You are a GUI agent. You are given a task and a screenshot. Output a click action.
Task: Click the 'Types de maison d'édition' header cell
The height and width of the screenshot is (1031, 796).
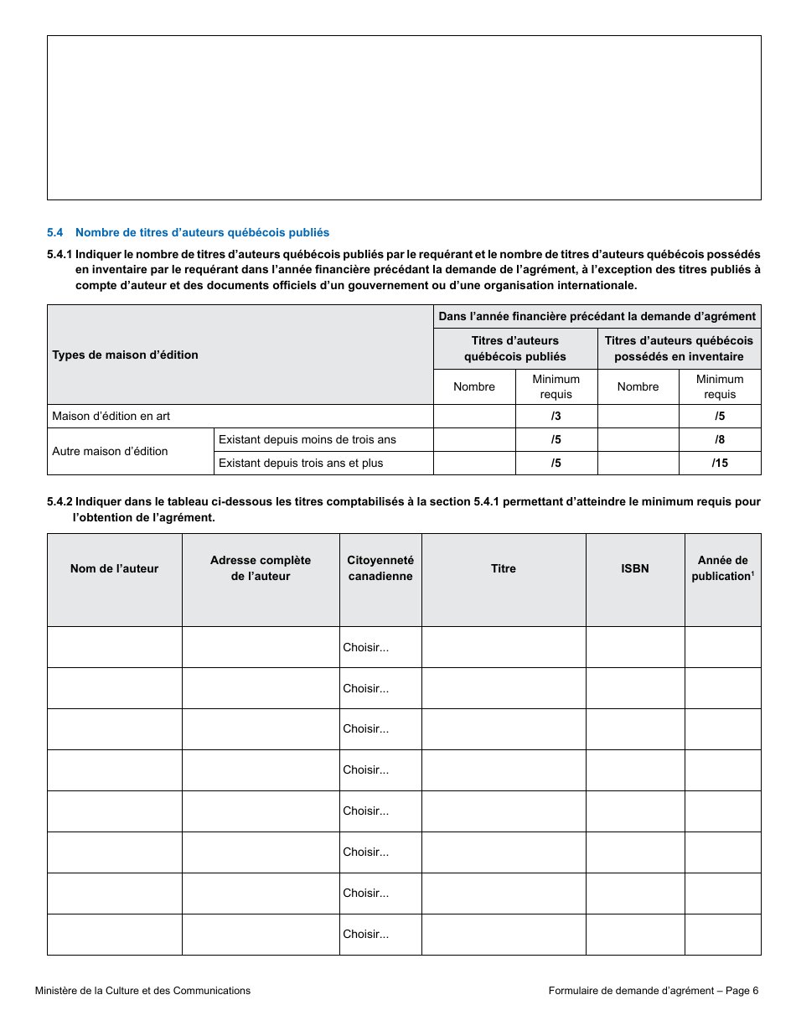(x=125, y=355)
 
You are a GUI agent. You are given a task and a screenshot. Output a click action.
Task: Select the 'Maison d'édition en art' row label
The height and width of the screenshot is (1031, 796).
(x=111, y=416)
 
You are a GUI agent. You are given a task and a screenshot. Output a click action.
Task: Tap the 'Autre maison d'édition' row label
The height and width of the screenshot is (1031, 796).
(x=110, y=451)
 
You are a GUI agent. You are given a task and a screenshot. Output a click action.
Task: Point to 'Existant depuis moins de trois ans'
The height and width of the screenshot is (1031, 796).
(x=307, y=439)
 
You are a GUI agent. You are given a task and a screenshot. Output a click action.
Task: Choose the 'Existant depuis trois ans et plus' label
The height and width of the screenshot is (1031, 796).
(x=301, y=463)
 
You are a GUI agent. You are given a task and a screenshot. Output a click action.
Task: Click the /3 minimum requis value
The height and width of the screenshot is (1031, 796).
(x=556, y=416)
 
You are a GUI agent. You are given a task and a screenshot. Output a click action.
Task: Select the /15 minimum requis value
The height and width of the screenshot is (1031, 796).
(x=720, y=463)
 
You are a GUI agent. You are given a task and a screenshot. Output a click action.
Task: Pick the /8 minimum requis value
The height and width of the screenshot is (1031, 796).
(x=720, y=439)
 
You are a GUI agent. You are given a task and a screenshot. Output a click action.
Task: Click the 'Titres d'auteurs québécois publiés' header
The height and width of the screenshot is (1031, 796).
(x=514, y=348)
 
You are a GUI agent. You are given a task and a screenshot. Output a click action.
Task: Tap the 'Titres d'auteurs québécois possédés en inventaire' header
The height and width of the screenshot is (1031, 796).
(x=679, y=348)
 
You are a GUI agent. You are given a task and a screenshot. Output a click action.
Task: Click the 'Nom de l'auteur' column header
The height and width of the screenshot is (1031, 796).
(x=114, y=568)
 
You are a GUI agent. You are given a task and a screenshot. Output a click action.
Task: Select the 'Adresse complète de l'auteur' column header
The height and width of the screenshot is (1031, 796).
(x=261, y=567)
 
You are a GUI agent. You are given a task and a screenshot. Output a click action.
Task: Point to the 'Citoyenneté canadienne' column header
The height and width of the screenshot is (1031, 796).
(x=380, y=567)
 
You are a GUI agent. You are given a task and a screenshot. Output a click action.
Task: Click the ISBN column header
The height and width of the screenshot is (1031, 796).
(x=635, y=568)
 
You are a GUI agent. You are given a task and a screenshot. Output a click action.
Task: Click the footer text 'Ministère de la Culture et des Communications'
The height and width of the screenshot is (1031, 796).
(x=142, y=991)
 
